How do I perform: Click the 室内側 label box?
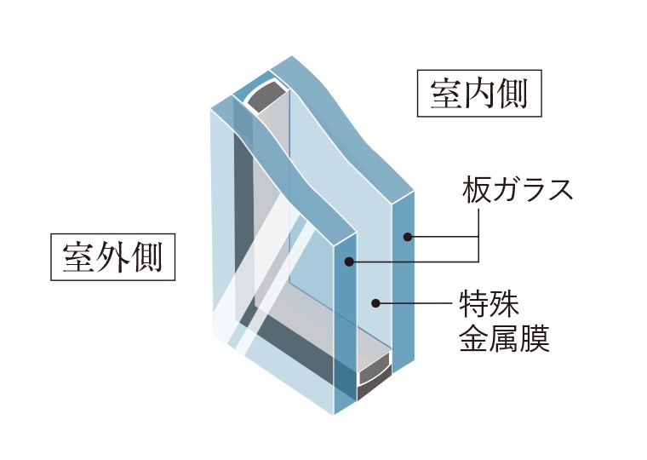coord(478,93)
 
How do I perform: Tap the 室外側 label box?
coord(112,255)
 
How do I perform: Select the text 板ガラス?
coord(516,189)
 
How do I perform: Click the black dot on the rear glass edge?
coord(408,236)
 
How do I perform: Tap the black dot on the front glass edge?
coord(350,261)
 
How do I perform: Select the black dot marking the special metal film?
coord(375,302)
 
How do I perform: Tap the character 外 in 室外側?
coord(112,255)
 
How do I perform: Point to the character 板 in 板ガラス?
coord(476,189)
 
